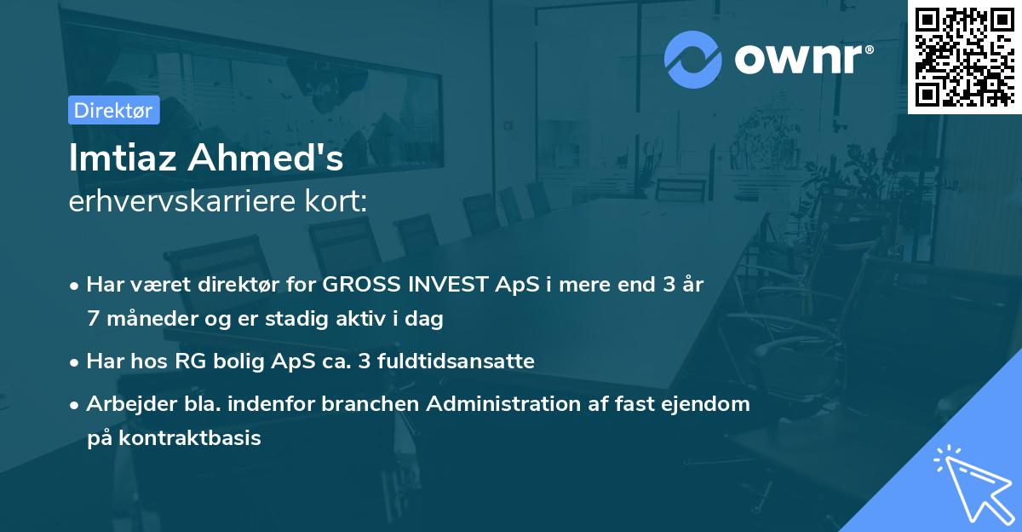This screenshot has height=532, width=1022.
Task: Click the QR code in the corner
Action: point(964,56)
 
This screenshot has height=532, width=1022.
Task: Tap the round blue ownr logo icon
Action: point(693,59)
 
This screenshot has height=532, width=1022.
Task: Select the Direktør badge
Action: point(113,110)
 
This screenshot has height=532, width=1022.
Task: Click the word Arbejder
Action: point(125,404)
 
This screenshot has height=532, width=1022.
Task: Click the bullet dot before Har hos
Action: point(76,362)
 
